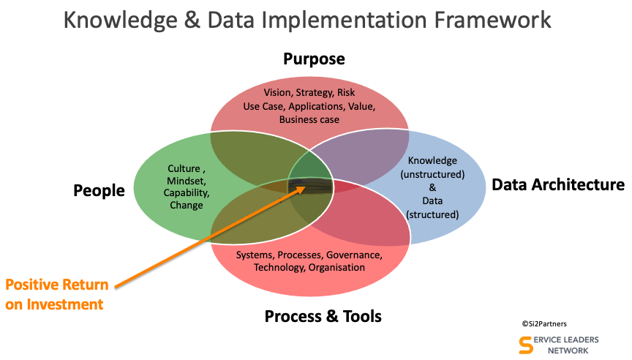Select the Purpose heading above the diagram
(314, 59)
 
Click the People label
(99, 190)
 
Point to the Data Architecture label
(558, 184)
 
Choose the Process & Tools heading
(323, 316)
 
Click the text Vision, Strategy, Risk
(309, 93)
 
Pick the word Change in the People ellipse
(187, 206)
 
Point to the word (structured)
(433, 214)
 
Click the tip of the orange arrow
(306, 188)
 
